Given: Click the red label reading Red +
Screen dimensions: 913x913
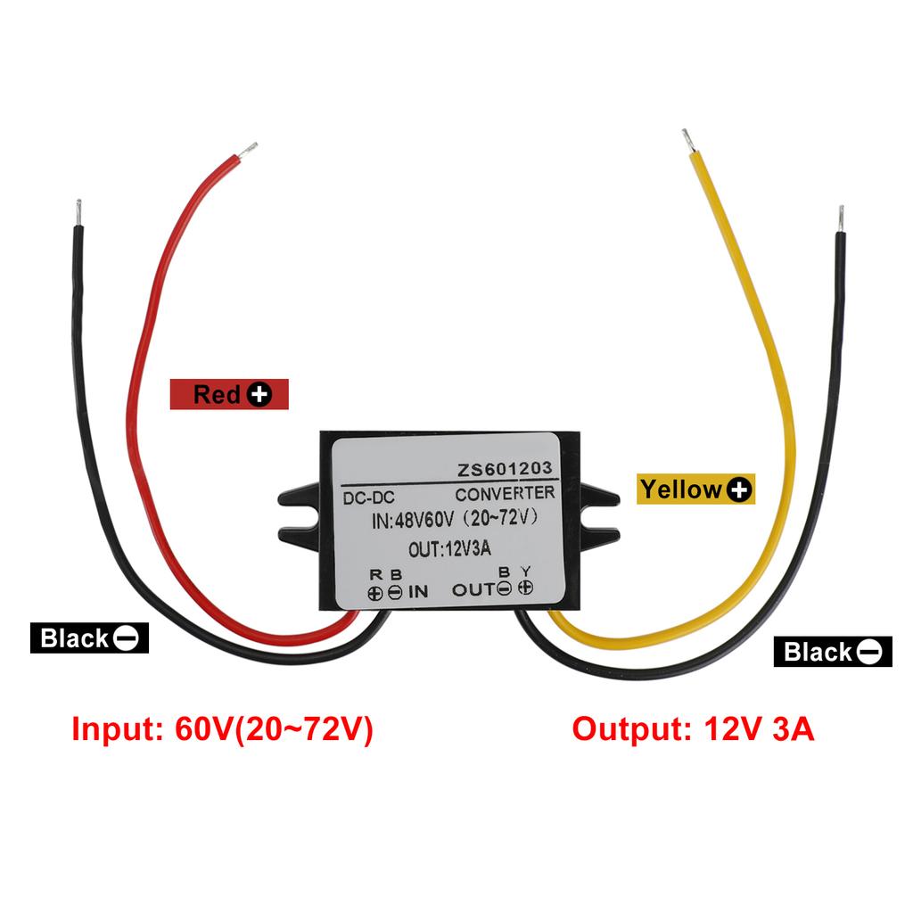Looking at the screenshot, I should (x=231, y=393).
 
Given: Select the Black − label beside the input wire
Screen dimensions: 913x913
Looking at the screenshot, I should (x=88, y=637).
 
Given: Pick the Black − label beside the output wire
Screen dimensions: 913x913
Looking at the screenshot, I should (x=831, y=652).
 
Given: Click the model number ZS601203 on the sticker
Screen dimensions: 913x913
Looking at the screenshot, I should (x=506, y=469).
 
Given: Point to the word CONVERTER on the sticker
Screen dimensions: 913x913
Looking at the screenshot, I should (x=505, y=493).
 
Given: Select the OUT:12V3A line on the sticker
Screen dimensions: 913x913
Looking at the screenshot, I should (x=449, y=549).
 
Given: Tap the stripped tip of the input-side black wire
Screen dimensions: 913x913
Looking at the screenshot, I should (x=78, y=212).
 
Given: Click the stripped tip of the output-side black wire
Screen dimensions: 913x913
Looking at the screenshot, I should (x=840, y=218).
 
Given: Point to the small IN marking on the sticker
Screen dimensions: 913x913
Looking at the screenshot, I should (x=418, y=590).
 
